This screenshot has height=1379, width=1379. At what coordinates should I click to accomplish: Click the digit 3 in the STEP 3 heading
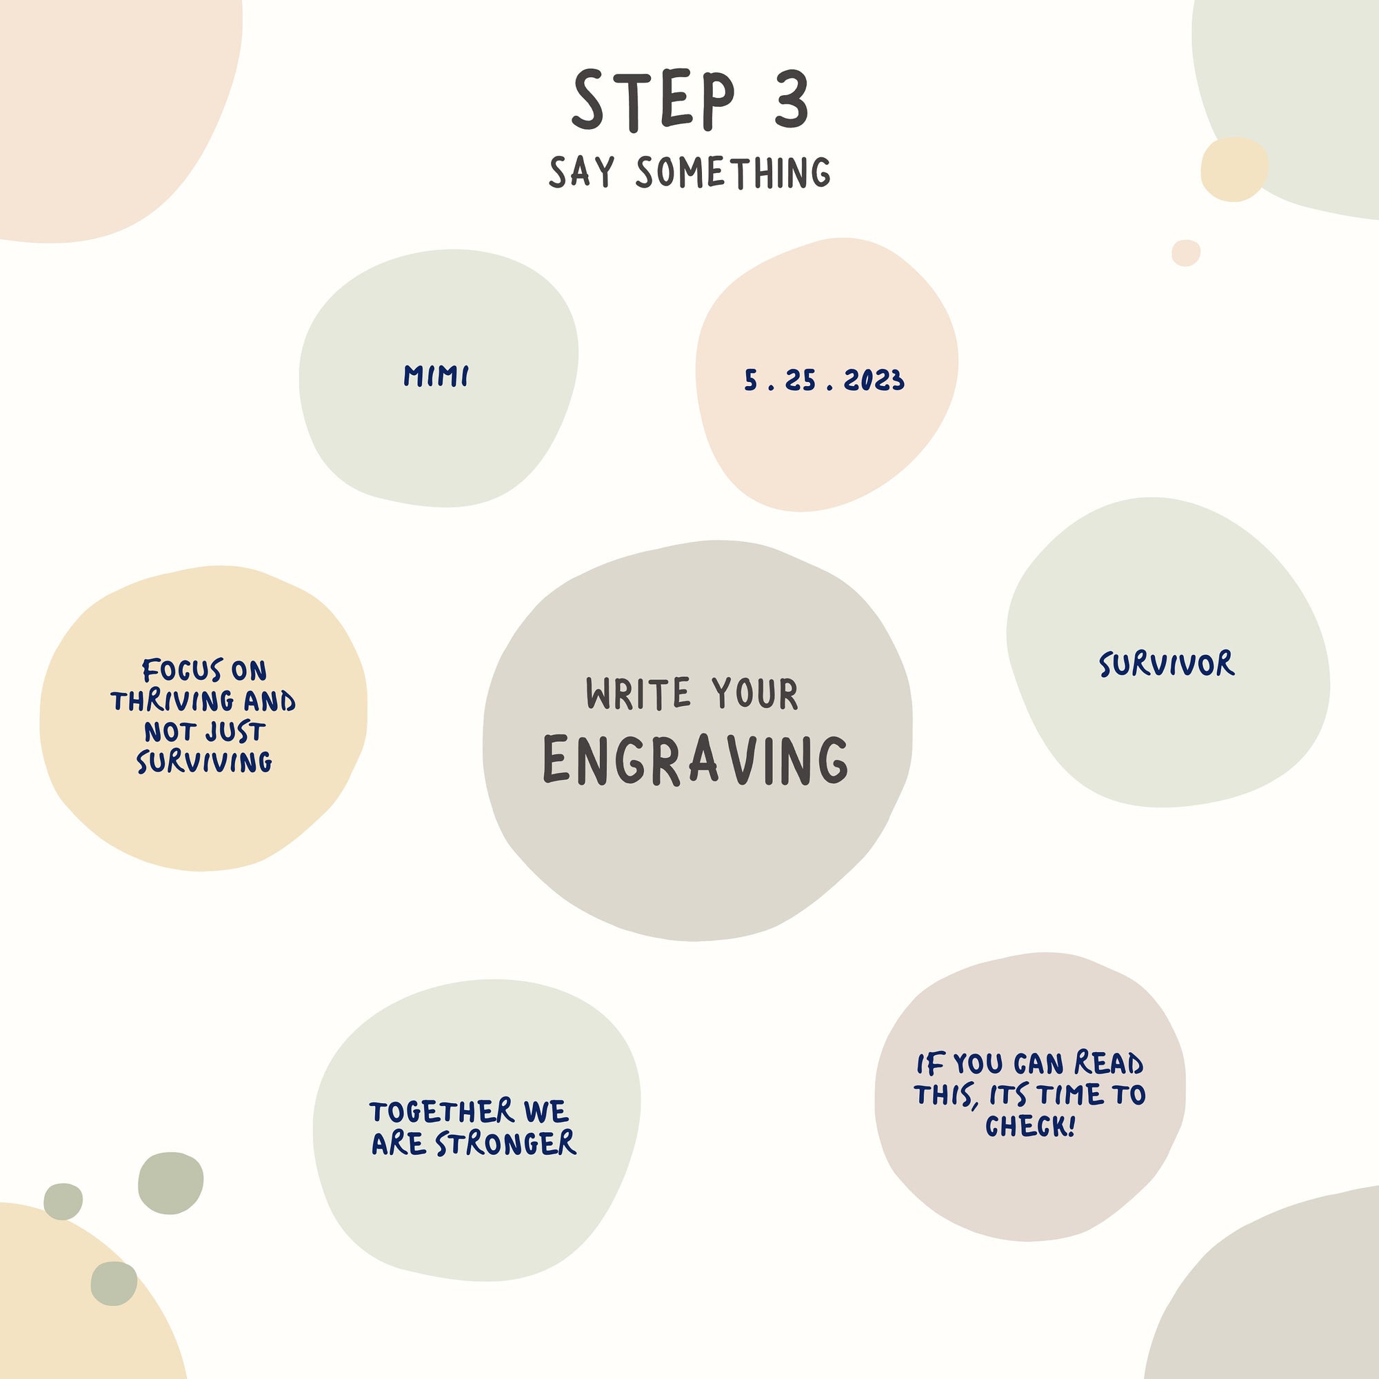point(792,99)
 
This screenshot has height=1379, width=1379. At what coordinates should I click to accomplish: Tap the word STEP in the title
point(653,100)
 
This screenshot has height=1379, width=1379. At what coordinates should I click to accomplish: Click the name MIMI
point(436,376)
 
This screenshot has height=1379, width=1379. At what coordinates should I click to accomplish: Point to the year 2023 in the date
point(874,381)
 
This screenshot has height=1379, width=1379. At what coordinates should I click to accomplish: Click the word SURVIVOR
point(1167,664)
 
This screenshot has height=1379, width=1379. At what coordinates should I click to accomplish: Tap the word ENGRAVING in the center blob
point(696,760)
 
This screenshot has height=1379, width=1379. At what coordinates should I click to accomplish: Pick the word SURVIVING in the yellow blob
point(205,763)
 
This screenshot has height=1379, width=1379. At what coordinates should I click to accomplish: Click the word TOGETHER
point(442,1111)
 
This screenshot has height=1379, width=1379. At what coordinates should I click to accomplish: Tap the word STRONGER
point(505,1143)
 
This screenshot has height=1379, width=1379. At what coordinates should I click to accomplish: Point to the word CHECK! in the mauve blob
point(1030,1127)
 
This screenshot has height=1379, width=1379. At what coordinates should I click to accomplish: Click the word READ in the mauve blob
point(1109,1063)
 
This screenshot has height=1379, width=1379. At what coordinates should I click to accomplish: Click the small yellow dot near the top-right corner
point(1234,169)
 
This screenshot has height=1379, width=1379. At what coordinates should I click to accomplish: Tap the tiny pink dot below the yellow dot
point(1185,252)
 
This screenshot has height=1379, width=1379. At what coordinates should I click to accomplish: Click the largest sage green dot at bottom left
point(170,1182)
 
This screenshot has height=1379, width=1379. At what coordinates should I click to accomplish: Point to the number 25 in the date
point(800,381)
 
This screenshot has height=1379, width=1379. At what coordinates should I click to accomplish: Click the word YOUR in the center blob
point(754,694)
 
